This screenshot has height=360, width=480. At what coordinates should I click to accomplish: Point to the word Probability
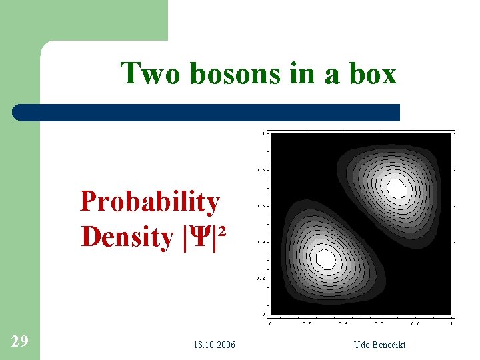click(149, 201)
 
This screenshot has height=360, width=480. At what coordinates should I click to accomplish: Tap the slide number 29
click(20, 342)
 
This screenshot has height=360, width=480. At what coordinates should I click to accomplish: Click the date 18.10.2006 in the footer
click(214, 345)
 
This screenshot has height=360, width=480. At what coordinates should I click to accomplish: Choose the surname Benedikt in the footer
click(389, 345)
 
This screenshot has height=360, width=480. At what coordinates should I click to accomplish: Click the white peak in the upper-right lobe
click(397, 189)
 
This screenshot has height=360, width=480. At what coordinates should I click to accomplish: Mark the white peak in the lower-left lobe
click(325, 257)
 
